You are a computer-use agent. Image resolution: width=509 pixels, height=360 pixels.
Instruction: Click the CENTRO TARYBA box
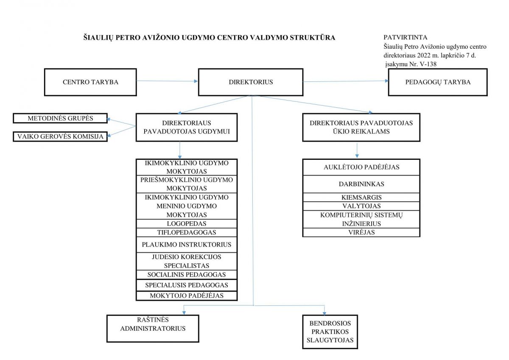(x=90, y=82)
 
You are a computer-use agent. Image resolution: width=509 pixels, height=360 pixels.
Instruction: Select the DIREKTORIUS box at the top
(x=251, y=82)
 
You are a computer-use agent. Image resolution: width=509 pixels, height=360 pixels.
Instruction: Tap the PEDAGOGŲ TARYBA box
(x=438, y=82)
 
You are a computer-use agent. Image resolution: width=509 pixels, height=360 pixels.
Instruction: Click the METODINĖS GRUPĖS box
(x=60, y=118)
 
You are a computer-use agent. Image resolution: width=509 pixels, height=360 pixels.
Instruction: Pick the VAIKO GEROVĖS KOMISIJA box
(x=60, y=137)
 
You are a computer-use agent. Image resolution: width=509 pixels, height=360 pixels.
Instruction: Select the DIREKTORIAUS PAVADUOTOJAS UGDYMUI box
(x=187, y=127)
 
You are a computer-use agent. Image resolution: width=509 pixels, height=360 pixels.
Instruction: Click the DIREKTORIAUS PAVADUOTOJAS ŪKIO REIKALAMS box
(x=361, y=127)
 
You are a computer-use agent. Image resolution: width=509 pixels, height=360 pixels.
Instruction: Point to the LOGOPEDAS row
(x=187, y=223)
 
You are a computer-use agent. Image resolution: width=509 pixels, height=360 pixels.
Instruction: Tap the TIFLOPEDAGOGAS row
(x=187, y=232)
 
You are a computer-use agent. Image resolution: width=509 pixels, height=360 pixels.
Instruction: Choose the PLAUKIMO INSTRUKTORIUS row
(x=187, y=245)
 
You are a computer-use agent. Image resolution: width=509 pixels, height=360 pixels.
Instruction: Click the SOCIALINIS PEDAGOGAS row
(x=187, y=275)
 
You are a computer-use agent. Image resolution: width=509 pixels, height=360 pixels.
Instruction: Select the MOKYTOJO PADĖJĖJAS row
(x=187, y=296)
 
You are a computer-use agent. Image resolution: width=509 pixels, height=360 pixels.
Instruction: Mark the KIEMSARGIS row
(x=361, y=197)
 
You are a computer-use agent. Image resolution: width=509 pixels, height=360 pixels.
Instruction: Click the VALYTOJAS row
(x=361, y=206)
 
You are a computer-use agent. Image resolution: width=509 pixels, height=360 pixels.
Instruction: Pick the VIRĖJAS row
(x=361, y=232)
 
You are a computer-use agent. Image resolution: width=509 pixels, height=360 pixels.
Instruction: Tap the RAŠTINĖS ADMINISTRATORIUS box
(x=153, y=328)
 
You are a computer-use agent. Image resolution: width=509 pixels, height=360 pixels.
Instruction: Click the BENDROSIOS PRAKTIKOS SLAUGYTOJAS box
(x=330, y=332)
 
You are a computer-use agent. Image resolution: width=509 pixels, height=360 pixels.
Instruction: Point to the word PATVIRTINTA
(x=403, y=37)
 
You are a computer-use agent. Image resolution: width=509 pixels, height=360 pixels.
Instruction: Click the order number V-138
(x=428, y=64)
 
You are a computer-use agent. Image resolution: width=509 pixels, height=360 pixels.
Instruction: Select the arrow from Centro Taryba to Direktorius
(x=167, y=81)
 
